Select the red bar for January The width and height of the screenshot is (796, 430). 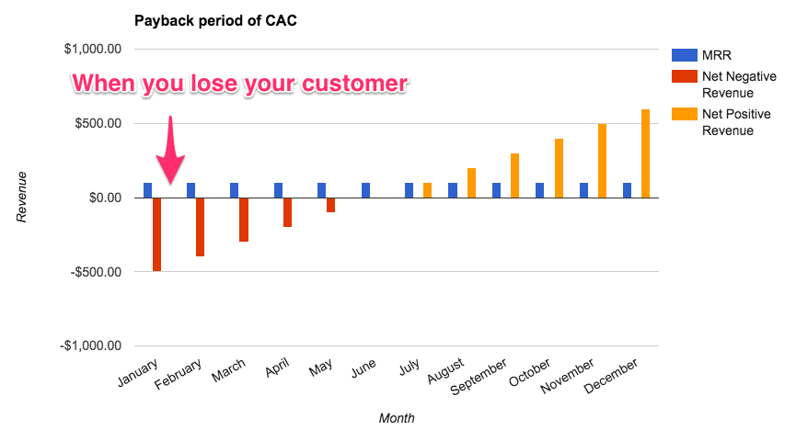pyautogui.click(x=157, y=234)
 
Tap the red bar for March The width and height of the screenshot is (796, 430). pyautogui.click(x=244, y=220)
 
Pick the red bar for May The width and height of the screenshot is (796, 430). pyautogui.click(x=331, y=205)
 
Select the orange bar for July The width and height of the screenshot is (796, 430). pyautogui.click(x=427, y=190)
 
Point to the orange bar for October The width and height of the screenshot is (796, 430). pyautogui.click(x=559, y=168)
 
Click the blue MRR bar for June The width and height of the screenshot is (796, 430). pyautogui.click(x=365, y=190)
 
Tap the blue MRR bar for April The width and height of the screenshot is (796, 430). pyautogui.click(x=278, y=190)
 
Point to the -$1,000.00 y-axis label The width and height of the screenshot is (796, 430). pyautogui.click(x=89, y=346)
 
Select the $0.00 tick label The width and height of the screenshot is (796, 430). pyautogui.click(x=98, y=198)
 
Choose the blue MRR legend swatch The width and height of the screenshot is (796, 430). pyautogui.click(x=683, y=54)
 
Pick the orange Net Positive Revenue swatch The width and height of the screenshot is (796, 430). pyautogui.click(x=683, y=115)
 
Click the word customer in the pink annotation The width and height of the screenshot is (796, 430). pyautogui.click(x=351, y=83)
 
